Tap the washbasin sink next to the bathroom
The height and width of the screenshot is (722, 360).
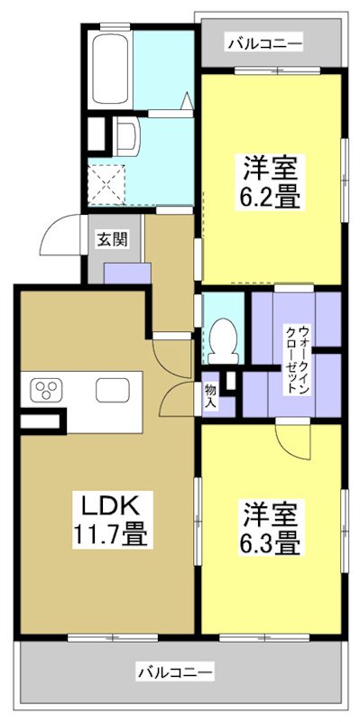[x=126, y=137]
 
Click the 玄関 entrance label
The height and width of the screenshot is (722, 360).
[x=113, y=239]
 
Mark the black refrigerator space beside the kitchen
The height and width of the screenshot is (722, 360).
[x=42, y=420]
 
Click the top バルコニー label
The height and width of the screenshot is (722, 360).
[x=264, y=42]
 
